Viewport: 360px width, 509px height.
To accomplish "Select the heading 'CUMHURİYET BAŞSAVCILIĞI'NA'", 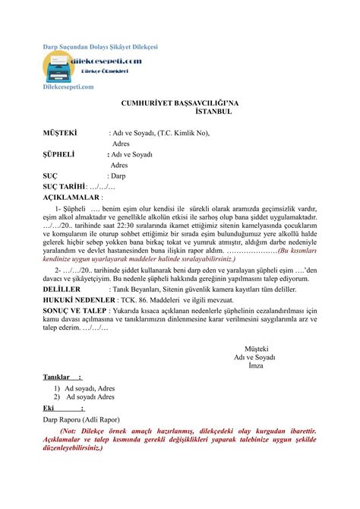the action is tap(180, 101).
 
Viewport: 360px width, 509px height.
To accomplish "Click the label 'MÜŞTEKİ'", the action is tap(58, 132).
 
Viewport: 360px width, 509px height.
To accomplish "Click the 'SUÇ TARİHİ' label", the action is tap(63, 185).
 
